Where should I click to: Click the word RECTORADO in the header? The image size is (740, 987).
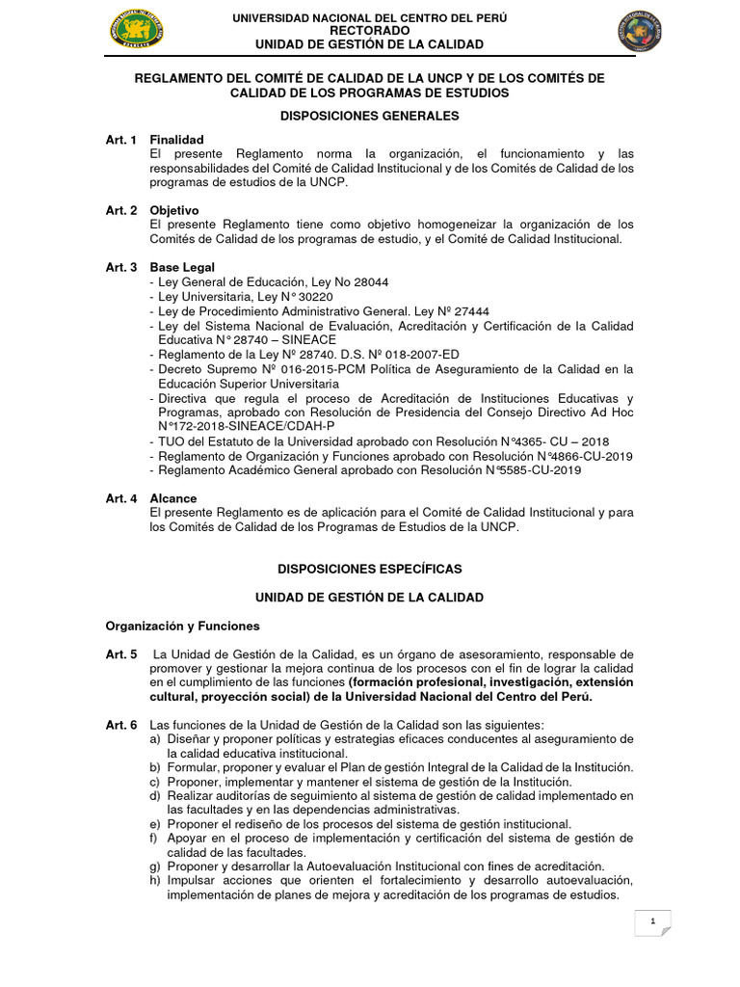click(x=369, y=31)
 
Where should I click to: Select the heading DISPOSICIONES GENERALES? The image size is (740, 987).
click(x=369, y=116)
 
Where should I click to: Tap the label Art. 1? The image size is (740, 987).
click(x=121, y=140)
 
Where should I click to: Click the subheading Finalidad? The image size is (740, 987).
click(x=176, y=140)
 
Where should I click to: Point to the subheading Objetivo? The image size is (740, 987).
click(x=174, y=210)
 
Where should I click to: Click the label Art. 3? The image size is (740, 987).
click(x=121, y=267)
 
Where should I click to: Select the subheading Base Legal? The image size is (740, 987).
click(x=182, y=267)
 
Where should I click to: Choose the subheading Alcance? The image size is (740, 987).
click(x=173, y=498)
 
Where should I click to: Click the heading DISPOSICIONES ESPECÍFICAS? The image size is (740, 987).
click(x=369, y=569)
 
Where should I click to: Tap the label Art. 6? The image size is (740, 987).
click(x=121, y=725)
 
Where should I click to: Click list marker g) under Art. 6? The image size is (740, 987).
click(x=155, y=867)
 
